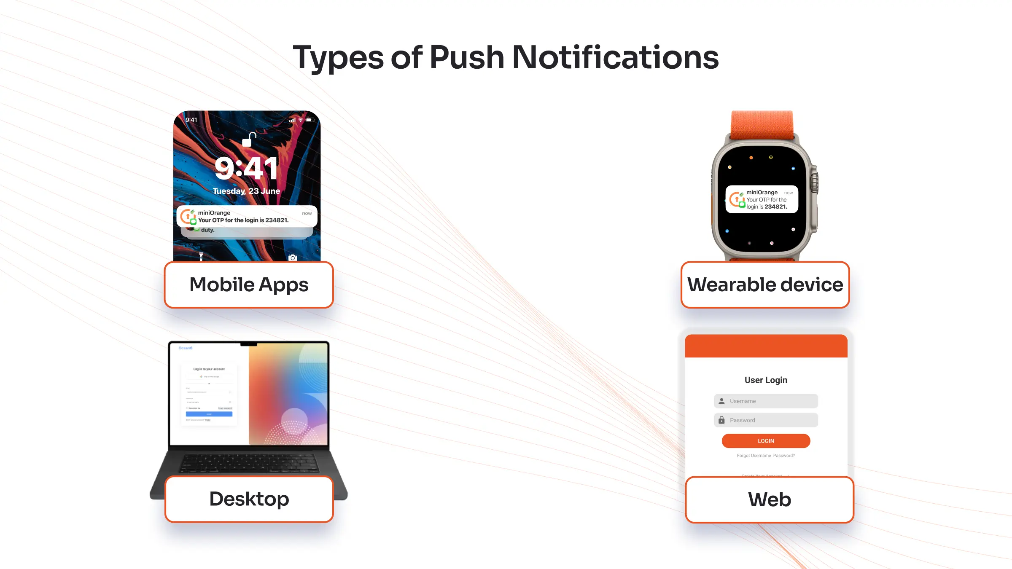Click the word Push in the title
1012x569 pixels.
[x=466, y=57]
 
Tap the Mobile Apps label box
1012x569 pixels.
[x=249, y=285]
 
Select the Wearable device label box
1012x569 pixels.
[x=765, y=285]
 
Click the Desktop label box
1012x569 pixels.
[x=249, y=499]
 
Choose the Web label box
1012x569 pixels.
[x=769, y=500]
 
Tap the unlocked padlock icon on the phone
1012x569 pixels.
[x=249, y=140]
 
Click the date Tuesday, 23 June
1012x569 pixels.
[x=246, y=191]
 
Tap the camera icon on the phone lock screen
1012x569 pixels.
[x=292, y=258]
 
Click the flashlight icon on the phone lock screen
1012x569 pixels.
[x=201, y=256]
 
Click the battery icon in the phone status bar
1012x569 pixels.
[x=310, y=120]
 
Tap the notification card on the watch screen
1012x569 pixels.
[x=762, y=199]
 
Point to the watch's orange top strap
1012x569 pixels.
[x=762, y=125]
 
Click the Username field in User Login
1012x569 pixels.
[x=766, y=401]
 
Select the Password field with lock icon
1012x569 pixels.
[x=766, y=420]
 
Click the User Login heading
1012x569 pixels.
[x=766, y=380]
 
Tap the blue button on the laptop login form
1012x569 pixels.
[x=209, y=414]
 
